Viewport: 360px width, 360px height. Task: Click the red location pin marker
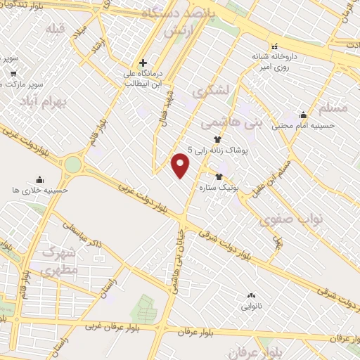181,165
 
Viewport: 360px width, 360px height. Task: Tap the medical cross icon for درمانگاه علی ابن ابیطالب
143,63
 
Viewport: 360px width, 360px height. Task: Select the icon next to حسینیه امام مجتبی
303,115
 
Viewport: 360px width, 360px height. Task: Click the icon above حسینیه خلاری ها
39,179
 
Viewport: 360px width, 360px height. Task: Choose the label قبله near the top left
54,29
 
